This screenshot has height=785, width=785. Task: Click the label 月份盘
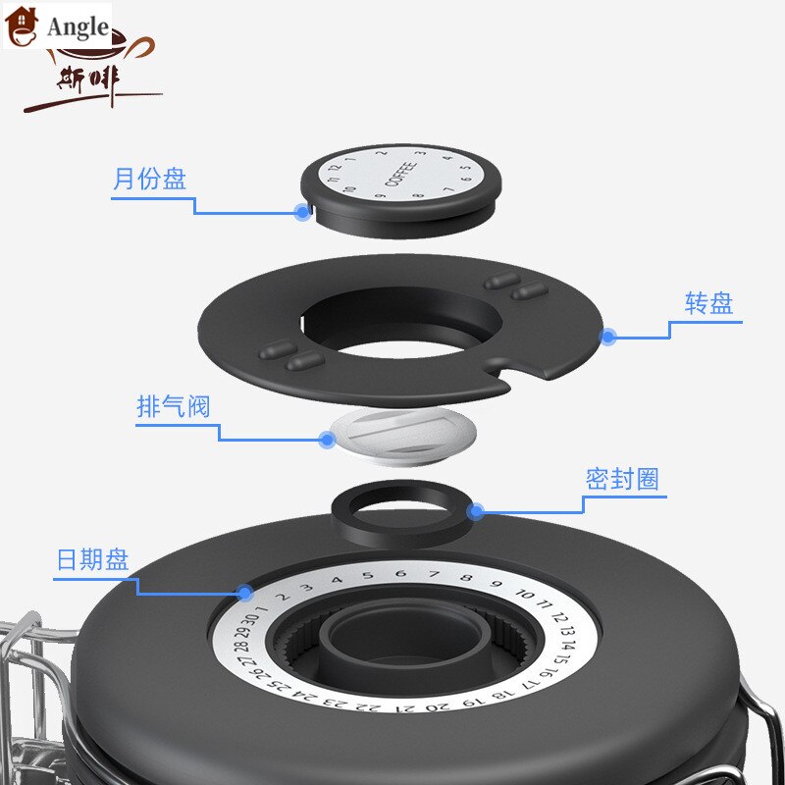coord(149,180)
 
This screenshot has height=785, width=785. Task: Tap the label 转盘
coord(708,303)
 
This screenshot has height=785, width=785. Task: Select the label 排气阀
coord(173,406)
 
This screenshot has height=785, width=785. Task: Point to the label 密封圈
coord(622,480)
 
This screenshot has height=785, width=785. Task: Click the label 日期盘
coord(92,560)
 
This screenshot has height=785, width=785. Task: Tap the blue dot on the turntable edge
coord(608,337)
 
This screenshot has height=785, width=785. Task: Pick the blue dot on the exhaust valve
coord(327,439)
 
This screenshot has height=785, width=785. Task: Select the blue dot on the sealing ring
coord(476,510)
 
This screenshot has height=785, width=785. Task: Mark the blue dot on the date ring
coord(244,592)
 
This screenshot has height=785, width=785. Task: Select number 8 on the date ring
coord(466,579)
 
